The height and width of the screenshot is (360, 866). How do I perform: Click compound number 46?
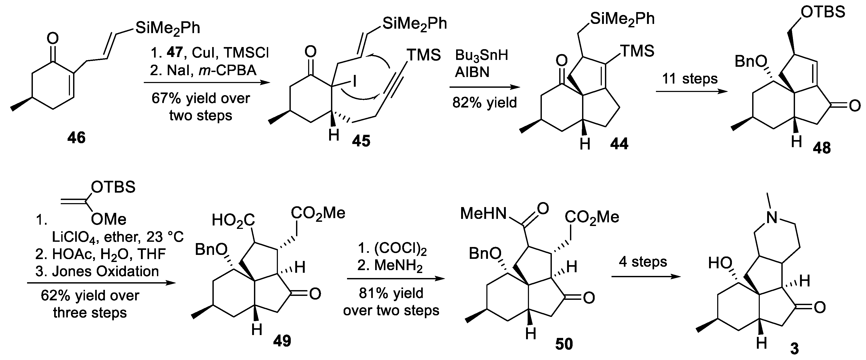[76, 138]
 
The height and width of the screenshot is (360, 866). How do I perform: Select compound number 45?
[361, 141]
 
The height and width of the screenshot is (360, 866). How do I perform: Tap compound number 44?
[619, 144]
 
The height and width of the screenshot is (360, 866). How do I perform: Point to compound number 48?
[821, 148]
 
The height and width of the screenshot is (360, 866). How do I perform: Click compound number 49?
[282, 341]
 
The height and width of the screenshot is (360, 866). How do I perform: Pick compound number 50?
[564, 344]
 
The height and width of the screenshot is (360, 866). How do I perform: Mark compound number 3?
[794, 349]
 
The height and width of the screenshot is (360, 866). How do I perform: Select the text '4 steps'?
[643, 261]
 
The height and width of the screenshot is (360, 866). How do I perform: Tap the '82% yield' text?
[485, 102]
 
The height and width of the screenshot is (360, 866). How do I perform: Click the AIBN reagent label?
[472, 72]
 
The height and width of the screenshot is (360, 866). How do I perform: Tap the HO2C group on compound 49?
[233, 221]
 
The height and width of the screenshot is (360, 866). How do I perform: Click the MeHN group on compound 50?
[483, 213]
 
